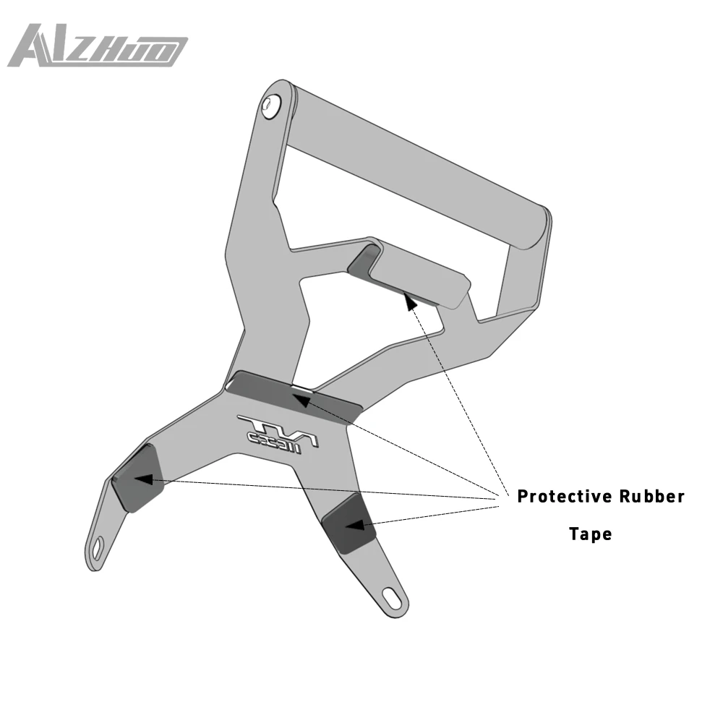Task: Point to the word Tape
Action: tap(590, 534)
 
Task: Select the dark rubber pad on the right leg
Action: tap(348, 524)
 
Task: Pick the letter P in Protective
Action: tap(523, 497)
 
